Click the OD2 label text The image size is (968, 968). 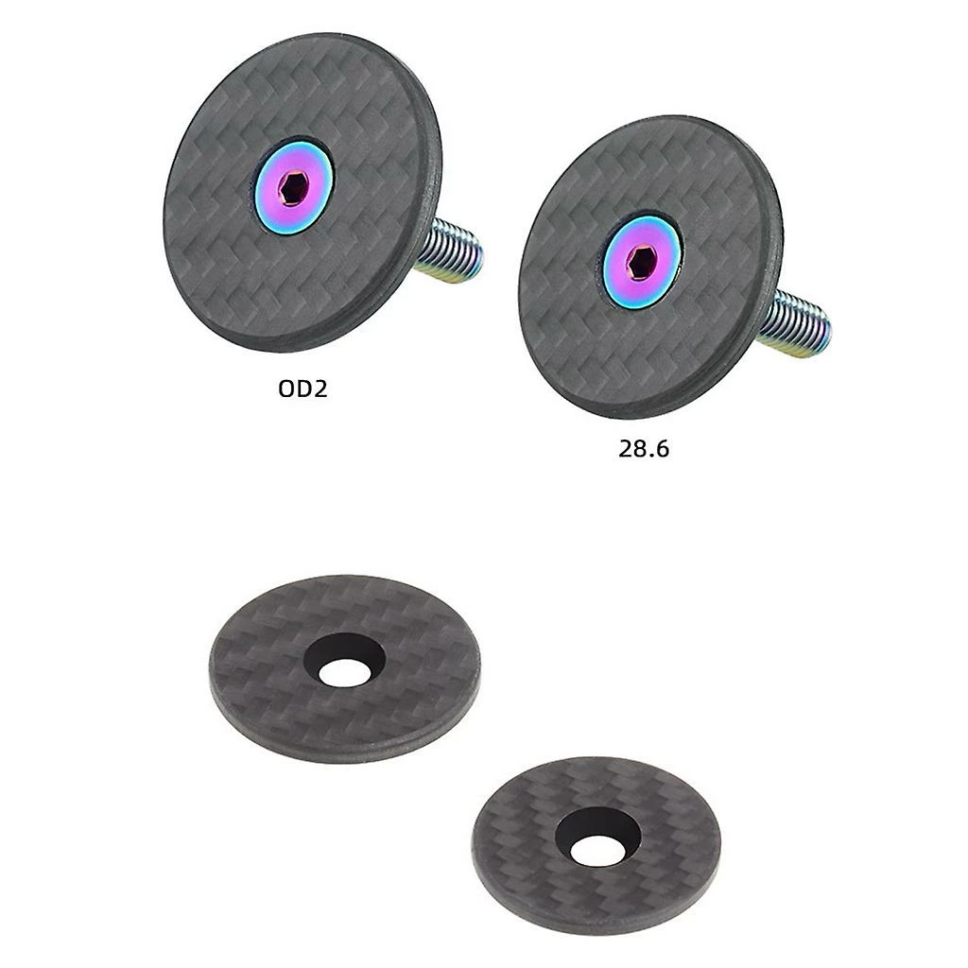tap(302, 389)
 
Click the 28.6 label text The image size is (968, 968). tap(644, 449)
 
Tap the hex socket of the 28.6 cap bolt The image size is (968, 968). tap(642, 262)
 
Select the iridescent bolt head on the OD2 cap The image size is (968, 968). tap(294, 188)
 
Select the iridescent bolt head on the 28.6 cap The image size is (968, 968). tap(642, 262)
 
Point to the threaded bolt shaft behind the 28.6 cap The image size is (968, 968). tap(794, 324)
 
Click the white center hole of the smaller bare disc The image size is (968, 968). tap(594, 851)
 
